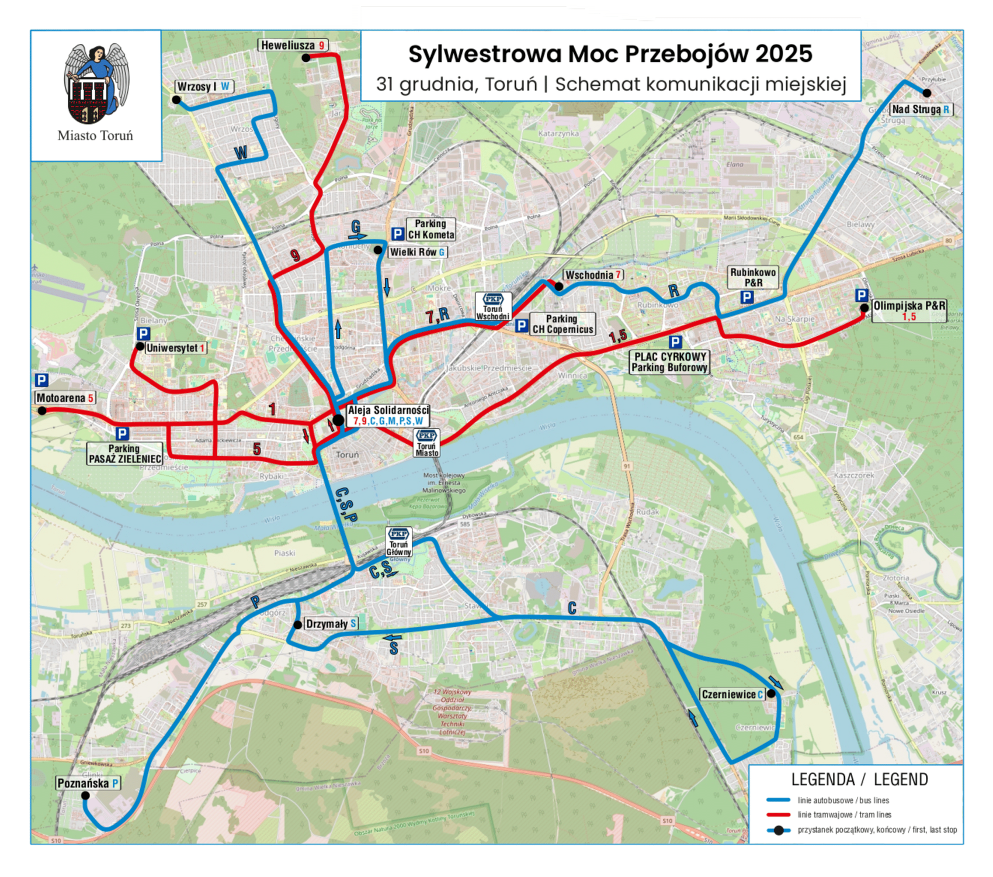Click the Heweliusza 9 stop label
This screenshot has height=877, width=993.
click(x=292, y=45)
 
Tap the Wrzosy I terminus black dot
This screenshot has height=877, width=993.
click(x=176, y=100)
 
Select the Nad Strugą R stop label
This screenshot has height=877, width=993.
click(x=921, y=109)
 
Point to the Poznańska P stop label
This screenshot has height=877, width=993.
click(x=88, y=783)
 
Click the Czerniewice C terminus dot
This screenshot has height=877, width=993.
click(x=771, y=693)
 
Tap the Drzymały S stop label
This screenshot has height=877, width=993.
click(x=331, y=624)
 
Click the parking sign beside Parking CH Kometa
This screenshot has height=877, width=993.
click(x=398, y=234)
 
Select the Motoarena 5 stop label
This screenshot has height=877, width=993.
click(x=64, y=398)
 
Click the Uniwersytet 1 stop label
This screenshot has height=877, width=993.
click(x=175, y=348)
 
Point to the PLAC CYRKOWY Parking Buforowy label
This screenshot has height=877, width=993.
click(x=669, y=362)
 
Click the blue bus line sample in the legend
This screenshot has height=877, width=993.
click(x=777, y=800)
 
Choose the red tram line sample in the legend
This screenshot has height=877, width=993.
click(x=777, y=814)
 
